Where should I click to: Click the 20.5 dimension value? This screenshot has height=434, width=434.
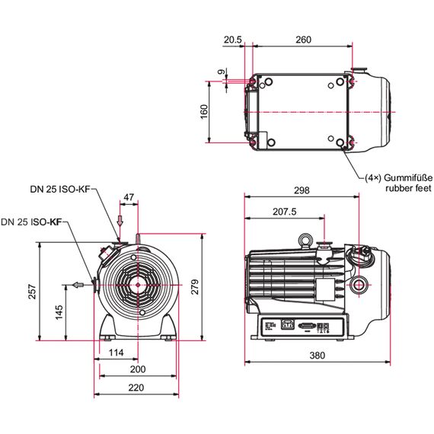tap(232, 40)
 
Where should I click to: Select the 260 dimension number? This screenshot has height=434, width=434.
tap(303, 40)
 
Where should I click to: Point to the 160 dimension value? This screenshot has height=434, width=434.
tap(204, 112)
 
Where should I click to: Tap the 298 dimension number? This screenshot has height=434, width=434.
tap(302, 190)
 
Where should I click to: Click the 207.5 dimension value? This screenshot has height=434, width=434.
tap(285, 212)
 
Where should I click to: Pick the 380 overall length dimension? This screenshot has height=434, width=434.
tap(318, 356)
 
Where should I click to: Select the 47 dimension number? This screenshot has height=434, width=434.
tap(129, 197)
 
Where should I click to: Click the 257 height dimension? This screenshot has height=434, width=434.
tap(33, 292)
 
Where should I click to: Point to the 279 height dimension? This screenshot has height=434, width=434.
tap(195, 287)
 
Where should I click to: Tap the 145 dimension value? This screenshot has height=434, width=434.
tap(59, 313)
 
